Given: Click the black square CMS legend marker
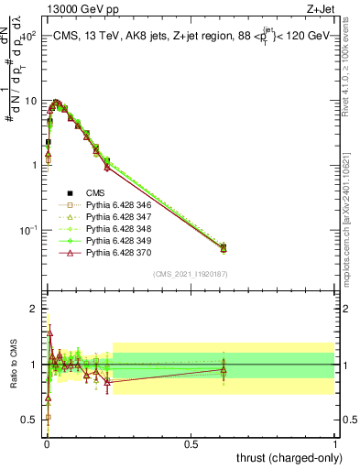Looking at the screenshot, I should point(70,193).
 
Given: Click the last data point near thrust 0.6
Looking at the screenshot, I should point(224,247).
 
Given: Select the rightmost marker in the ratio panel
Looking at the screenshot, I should point(224,370).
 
